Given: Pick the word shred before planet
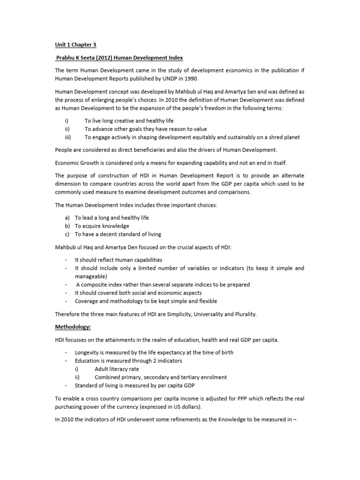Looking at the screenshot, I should pos(269,137).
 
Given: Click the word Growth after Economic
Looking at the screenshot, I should pos(90,162).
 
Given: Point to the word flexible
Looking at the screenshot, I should pos(204,301).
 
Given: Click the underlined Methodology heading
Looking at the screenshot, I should pos(73,327).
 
